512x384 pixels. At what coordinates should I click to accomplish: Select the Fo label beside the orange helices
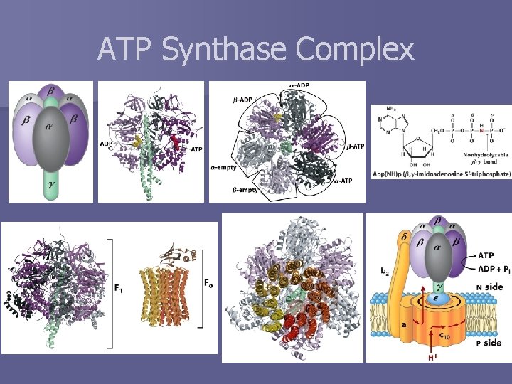[208, 288]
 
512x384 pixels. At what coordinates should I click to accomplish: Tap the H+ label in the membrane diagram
[432, 358]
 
